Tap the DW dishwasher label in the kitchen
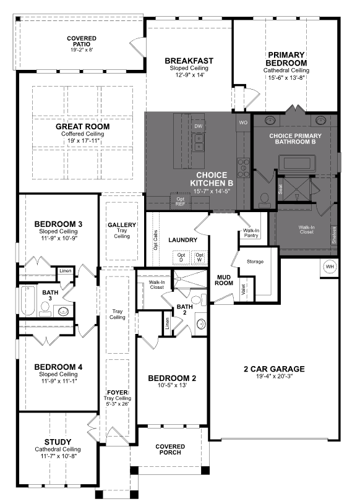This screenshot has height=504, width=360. [x=198, y=126]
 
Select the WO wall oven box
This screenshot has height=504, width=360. [x=242, y=122]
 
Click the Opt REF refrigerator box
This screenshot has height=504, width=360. [x=181, y=201]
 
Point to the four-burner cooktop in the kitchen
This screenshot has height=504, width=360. [x=243, y=166]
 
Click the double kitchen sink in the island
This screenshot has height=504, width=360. [x=198, y=143]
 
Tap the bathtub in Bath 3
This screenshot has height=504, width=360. [x=28, y=301]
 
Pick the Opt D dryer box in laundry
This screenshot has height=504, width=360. [x=181, y=257]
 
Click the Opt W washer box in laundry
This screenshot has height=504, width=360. [x=199, y=257]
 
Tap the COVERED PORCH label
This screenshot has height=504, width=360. [x=170, y=450]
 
